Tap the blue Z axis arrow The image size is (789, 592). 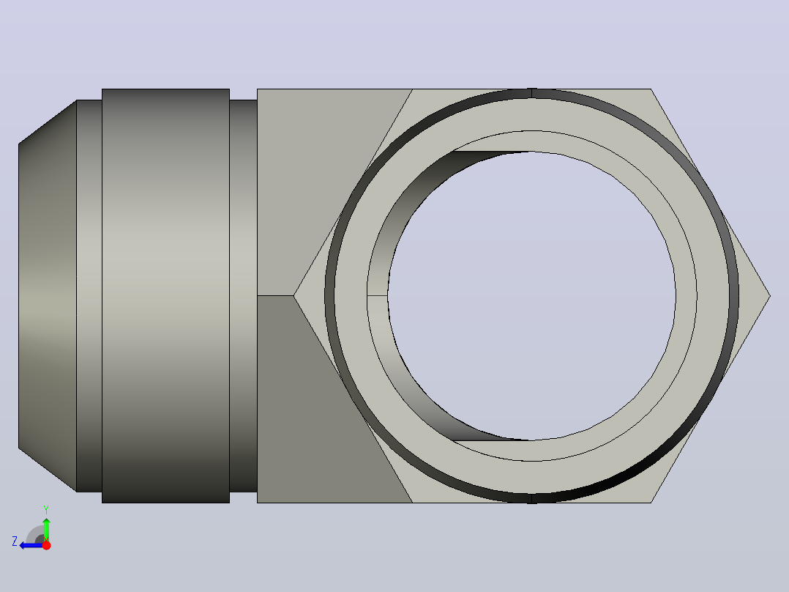(31, 545)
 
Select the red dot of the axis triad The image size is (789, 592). (46, 545)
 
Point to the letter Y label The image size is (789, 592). (46, 509)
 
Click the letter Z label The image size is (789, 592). (15, 541)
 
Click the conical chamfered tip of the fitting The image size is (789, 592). (48, 296)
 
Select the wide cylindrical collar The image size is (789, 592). (165, 296)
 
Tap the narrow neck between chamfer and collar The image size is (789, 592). (89, 296)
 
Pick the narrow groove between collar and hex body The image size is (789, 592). (244, 296)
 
